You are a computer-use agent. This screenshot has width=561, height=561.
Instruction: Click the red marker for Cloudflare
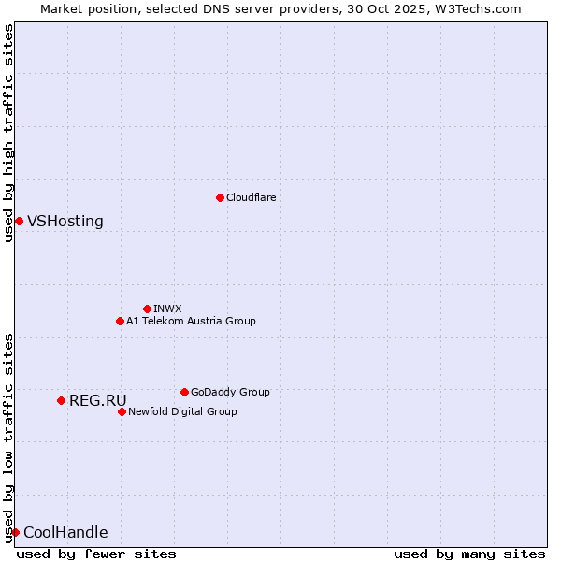tap(220, 197)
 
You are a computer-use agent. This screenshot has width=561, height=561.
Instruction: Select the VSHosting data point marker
tap(19, 221)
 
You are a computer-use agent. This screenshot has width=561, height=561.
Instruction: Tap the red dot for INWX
tap(147, 309)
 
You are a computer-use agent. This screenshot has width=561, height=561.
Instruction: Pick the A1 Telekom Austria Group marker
tap(120, 321)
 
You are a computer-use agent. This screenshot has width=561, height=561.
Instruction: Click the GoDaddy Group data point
tap(184, 392)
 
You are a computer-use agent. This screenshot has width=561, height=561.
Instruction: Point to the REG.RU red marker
tap(61, 400)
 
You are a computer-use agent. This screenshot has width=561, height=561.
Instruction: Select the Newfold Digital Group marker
tap(122, 411)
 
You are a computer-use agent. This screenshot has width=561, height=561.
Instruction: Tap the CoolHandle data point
tap(15, 532)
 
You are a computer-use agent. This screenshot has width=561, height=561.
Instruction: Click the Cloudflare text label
tap(251, 197)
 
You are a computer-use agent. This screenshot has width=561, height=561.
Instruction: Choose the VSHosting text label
tap(65, 222)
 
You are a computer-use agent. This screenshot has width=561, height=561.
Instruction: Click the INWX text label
tap(167, 309)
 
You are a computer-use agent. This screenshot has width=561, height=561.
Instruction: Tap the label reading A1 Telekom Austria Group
tap(191, 321)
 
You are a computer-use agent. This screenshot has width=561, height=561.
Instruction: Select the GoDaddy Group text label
tap(230, 392)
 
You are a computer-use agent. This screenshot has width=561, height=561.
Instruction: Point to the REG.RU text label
tap(98, 401)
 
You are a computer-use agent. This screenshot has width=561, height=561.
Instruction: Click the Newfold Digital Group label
tap(182, 411)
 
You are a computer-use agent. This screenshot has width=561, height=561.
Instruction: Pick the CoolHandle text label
tap(65, 533)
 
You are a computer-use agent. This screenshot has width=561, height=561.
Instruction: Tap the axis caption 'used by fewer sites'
tap(96, 554)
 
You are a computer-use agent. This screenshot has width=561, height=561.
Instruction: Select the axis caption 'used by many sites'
tap(469, 554)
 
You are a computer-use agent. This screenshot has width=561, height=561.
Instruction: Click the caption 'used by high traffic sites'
tap(8, 133)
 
